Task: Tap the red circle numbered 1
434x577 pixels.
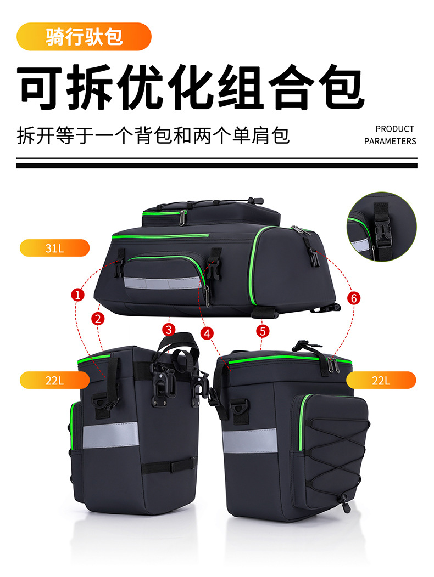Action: point(79,295)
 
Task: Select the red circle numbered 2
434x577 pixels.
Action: point(98,318)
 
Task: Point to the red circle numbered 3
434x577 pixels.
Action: point(169,329)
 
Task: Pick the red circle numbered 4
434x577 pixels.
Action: point(207,332)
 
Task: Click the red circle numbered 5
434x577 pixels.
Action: point(263,331)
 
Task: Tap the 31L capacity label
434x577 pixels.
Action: point(54,248)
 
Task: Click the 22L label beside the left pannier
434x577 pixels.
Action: point(54,380)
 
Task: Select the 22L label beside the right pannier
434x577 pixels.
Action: point(381,380)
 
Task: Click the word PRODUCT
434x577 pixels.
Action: point(394,129)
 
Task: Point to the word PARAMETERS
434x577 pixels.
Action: point(390,141)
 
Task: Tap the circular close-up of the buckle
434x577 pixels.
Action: point(381,227)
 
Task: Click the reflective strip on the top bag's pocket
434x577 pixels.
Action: point(162,283)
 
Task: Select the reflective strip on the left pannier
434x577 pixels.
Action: point(115,436)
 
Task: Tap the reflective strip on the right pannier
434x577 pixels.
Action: point(250,441)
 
